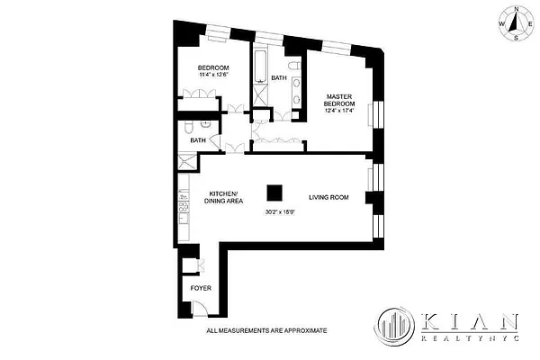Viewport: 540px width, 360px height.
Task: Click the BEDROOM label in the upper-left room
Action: (x=213, y=68)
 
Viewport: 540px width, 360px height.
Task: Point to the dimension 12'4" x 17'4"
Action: (x=339, y=112)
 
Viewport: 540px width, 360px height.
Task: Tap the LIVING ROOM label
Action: (x=329, y=196)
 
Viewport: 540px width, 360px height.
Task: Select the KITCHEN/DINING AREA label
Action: (x=222, y=199)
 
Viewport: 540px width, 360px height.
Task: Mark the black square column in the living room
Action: (x=273, y=193)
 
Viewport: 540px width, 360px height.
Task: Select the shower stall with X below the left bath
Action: (x=187, y=163)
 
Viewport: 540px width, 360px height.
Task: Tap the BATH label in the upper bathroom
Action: (x=279, y=77)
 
